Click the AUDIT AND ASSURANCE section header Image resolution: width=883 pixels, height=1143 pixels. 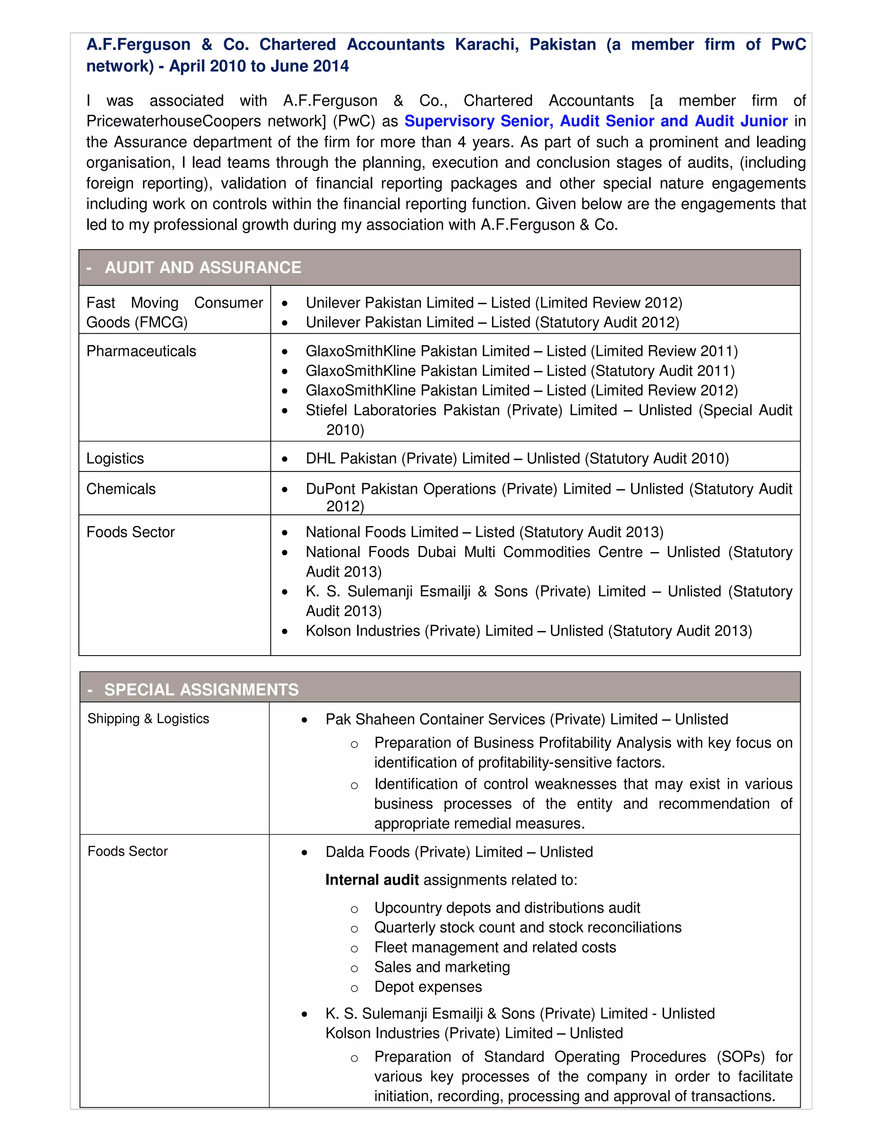[x=203, y=267]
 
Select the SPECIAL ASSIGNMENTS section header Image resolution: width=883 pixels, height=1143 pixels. [x=201, y=690]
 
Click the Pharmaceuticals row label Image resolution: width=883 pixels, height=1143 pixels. [x=141, y=351]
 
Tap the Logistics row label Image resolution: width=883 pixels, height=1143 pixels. [x=115, y=458]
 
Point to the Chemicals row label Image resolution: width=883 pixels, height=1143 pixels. [x=121, y=489]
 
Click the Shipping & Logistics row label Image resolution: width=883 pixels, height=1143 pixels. [x=148, y=719]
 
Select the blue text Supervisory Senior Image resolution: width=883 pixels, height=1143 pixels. [x=478, y=121]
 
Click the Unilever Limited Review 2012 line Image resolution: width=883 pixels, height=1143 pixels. [x=494, y=303]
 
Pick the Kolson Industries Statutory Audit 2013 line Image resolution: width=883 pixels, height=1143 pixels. [x=528, y=631]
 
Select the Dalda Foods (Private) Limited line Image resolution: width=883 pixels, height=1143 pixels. [x=459, y=852]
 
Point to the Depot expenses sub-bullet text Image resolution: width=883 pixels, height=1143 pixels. [x=427, y=987]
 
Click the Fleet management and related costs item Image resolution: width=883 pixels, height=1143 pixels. [x=495, y=947]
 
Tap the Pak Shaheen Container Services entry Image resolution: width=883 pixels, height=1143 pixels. [x=526, y=719]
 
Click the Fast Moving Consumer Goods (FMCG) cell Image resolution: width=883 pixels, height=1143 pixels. [x=174, y=312]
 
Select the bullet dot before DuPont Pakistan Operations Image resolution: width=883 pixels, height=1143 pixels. [x=285, y=490]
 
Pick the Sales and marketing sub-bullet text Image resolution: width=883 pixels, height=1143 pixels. [x=441, y=967]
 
